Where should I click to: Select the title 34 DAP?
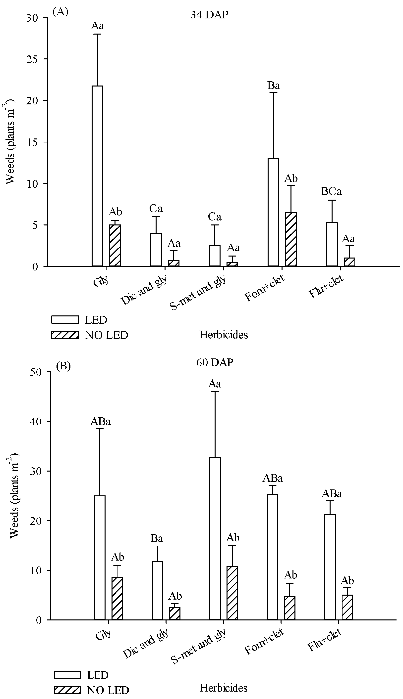210,15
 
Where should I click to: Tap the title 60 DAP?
215,362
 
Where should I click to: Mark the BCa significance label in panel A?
331,191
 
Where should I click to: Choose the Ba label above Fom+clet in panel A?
274,86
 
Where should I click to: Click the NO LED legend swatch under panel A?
65,335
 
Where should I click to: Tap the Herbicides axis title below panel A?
223,335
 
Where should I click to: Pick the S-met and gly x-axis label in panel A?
197,293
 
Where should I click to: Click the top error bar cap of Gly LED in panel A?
97,34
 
